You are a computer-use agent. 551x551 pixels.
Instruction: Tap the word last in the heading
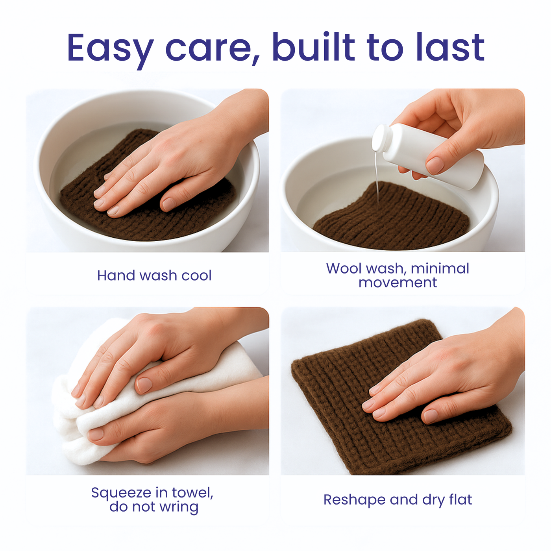pyautogui.click(x=450, y=47)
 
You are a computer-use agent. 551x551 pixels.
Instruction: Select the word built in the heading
pyautogui.click(x=314, y=47)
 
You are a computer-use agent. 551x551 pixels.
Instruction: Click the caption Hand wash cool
pyautogui.click(x=154, y=275)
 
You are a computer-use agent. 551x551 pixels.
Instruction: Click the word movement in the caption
pyautogui.click(x=398, y=283)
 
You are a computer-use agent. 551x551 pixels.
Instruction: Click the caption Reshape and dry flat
pyautogui.click(x=398, y=500)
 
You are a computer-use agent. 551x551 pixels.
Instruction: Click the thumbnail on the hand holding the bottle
pyautogui.click(x=435, y=166)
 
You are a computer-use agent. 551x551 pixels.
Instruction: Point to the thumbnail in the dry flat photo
pyautogui.click(x=432, y=416)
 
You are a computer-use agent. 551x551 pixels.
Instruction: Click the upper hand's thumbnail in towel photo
pyautogui.click(x=144, y=385)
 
